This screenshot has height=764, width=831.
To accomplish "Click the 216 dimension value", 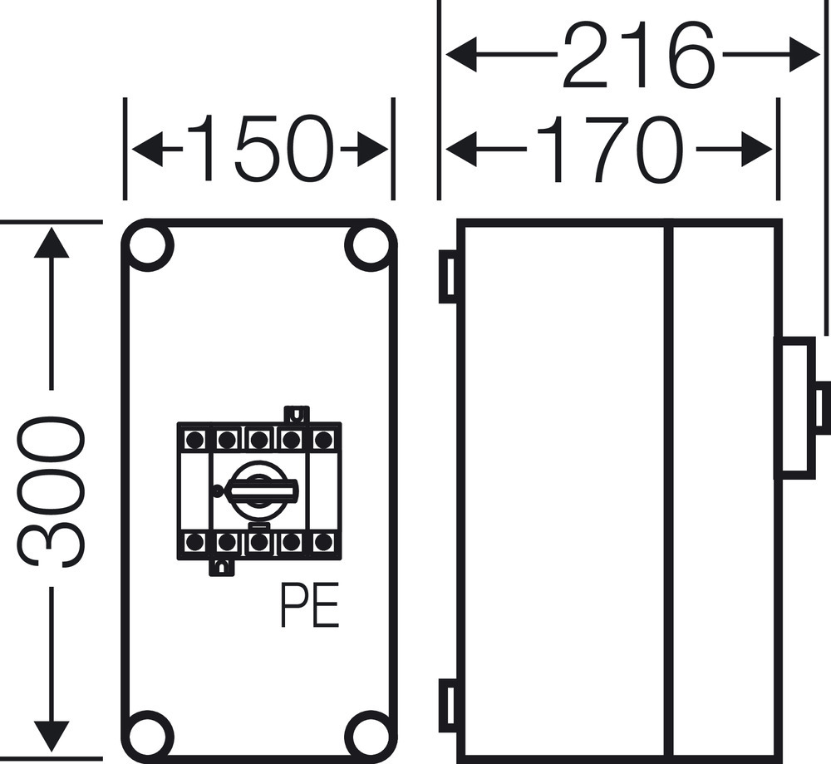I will pos(638,57).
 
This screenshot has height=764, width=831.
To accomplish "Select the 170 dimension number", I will pos(611,150).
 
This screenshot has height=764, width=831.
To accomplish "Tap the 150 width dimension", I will pos(259,150).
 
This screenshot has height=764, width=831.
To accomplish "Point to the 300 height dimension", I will pos(52,490).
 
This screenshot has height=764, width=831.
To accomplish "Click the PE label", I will pos(309,609).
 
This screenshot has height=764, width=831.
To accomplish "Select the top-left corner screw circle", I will pos(150,246).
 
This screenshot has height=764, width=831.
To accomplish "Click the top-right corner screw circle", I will pos(368,246).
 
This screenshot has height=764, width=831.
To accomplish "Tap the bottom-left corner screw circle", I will pos(150,733).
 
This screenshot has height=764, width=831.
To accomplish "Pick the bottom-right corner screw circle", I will pos(368,733).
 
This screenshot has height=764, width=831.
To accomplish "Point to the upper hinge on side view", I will pos(447,276).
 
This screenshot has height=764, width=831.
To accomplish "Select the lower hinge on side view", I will pos(447,704).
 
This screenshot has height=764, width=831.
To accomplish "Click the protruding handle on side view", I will pos(794,407).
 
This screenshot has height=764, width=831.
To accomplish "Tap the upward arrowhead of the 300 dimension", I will pos(52,242).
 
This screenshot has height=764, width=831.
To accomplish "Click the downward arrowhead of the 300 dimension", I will pos(52,736).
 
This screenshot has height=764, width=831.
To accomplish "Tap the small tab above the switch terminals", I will pos(296,414).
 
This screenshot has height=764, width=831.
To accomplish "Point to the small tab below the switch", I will pos(221,567).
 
